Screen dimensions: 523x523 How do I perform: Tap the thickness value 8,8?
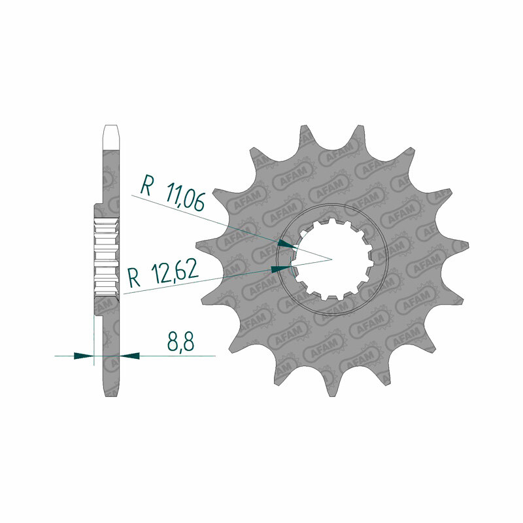pyautogui.click(x=180, y=341)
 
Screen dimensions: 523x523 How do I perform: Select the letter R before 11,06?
pyautogui.click(x=146, y=186)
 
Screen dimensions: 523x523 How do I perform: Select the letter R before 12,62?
pyautogui.click(x=135, y=278)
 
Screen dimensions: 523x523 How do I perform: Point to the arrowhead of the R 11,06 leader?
pyautogui.click(x=286, y=244)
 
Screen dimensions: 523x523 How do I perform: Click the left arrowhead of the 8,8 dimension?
pyautogui.click(x=84, y=356)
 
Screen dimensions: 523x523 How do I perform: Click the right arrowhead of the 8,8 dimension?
pyautogui.click(x=129, y=356)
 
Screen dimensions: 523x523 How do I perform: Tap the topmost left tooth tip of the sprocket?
pyautogui.click(x=303, y=126)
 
